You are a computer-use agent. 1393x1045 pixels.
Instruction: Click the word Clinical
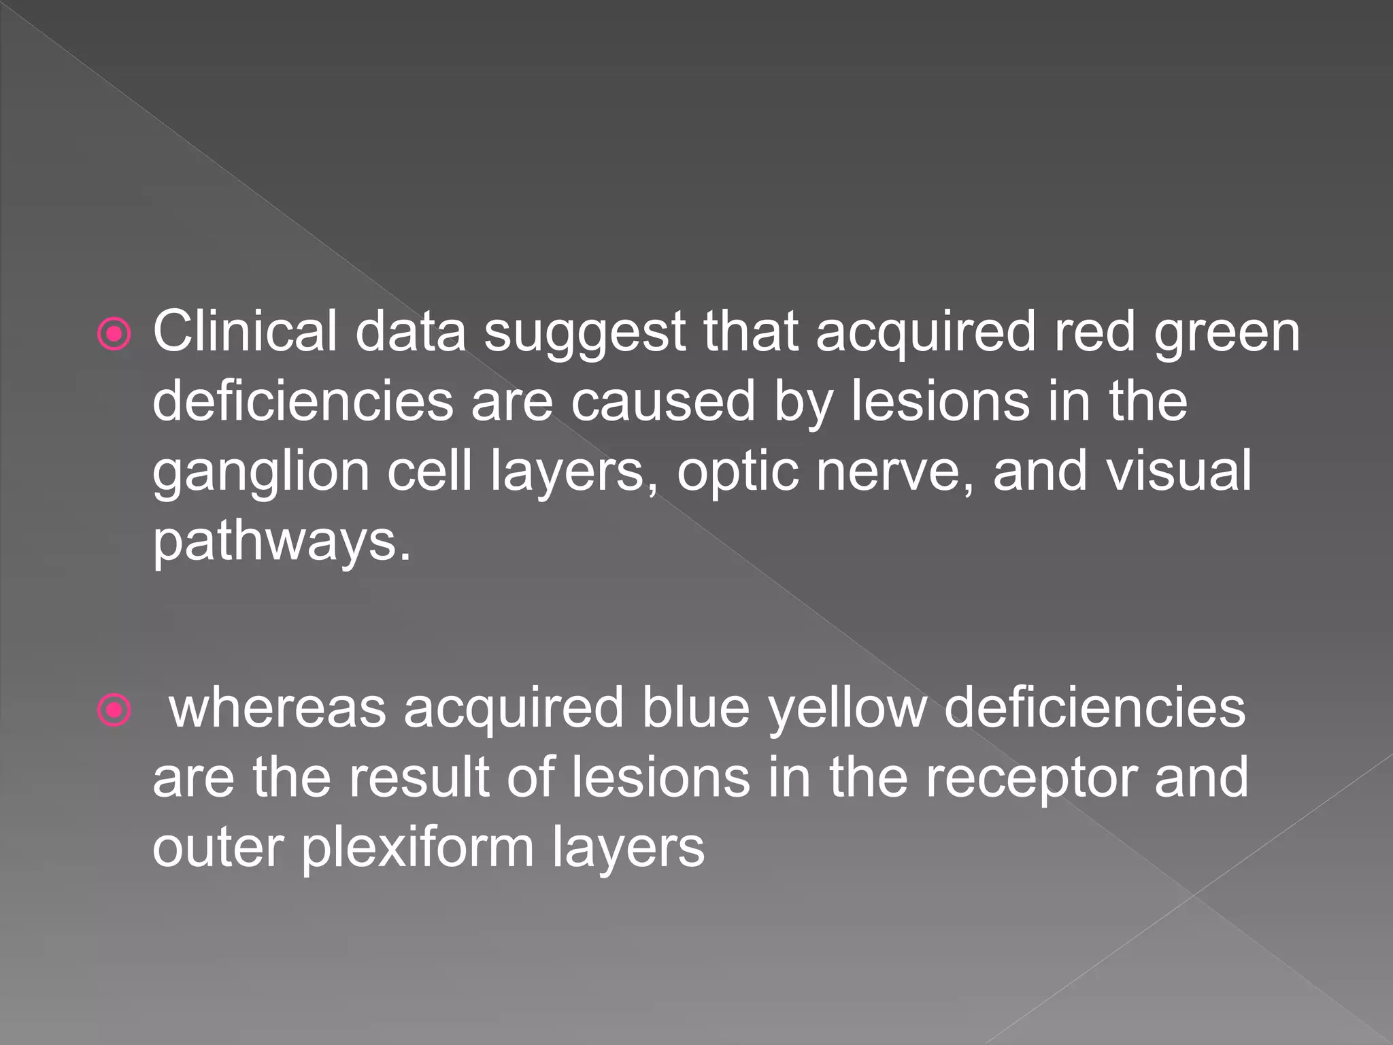coord(245,331)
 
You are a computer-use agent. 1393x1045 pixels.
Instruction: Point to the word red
coord(1094,331)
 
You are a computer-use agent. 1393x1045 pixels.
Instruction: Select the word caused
coord(662,401)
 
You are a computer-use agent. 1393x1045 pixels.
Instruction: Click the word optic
coord(737,473)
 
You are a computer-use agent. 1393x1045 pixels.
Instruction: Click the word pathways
coord(282,542)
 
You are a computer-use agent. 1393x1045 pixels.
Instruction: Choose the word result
coord(418,778)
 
